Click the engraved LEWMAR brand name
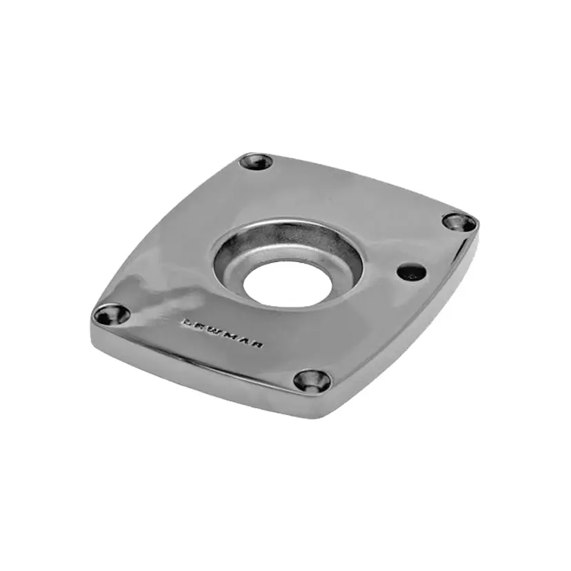point(223,333)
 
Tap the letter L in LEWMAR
point(187,322)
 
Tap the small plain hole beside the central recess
point(412,272)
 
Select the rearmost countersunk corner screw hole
point(257,162)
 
